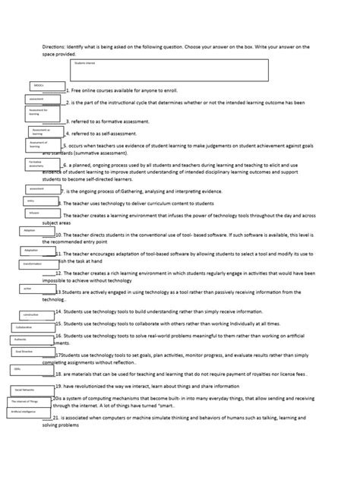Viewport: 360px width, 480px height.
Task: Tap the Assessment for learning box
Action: [x=43, y=114]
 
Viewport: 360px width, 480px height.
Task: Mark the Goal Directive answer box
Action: [x=30, y=352]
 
